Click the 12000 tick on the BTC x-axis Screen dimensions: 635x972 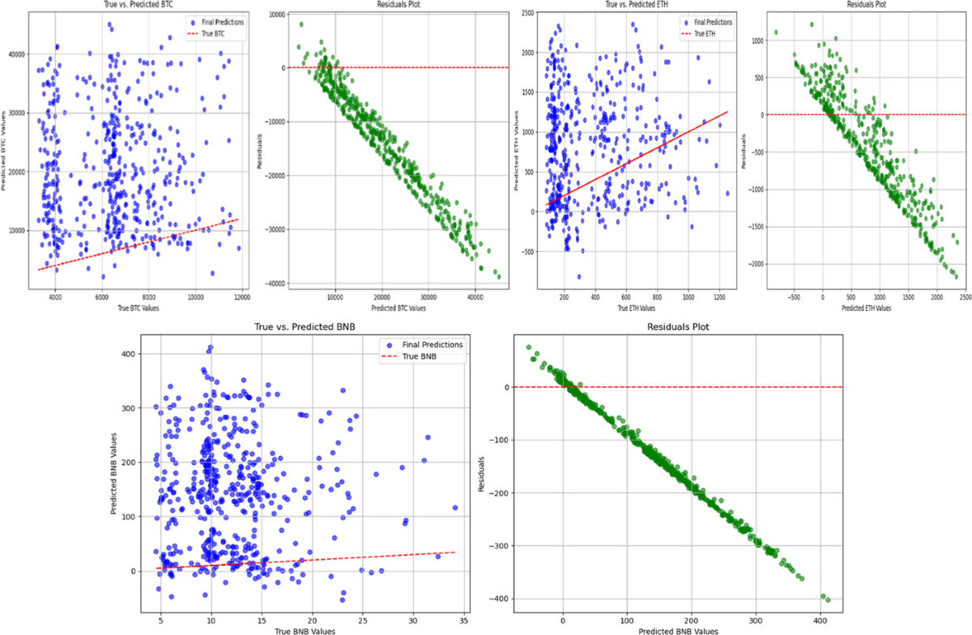point(241,297)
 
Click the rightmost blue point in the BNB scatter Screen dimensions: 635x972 point(455,508)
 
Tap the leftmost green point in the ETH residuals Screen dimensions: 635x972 point(775,32)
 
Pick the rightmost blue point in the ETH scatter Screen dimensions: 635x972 point(727,193)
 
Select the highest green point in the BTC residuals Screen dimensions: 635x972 point(301,24)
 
